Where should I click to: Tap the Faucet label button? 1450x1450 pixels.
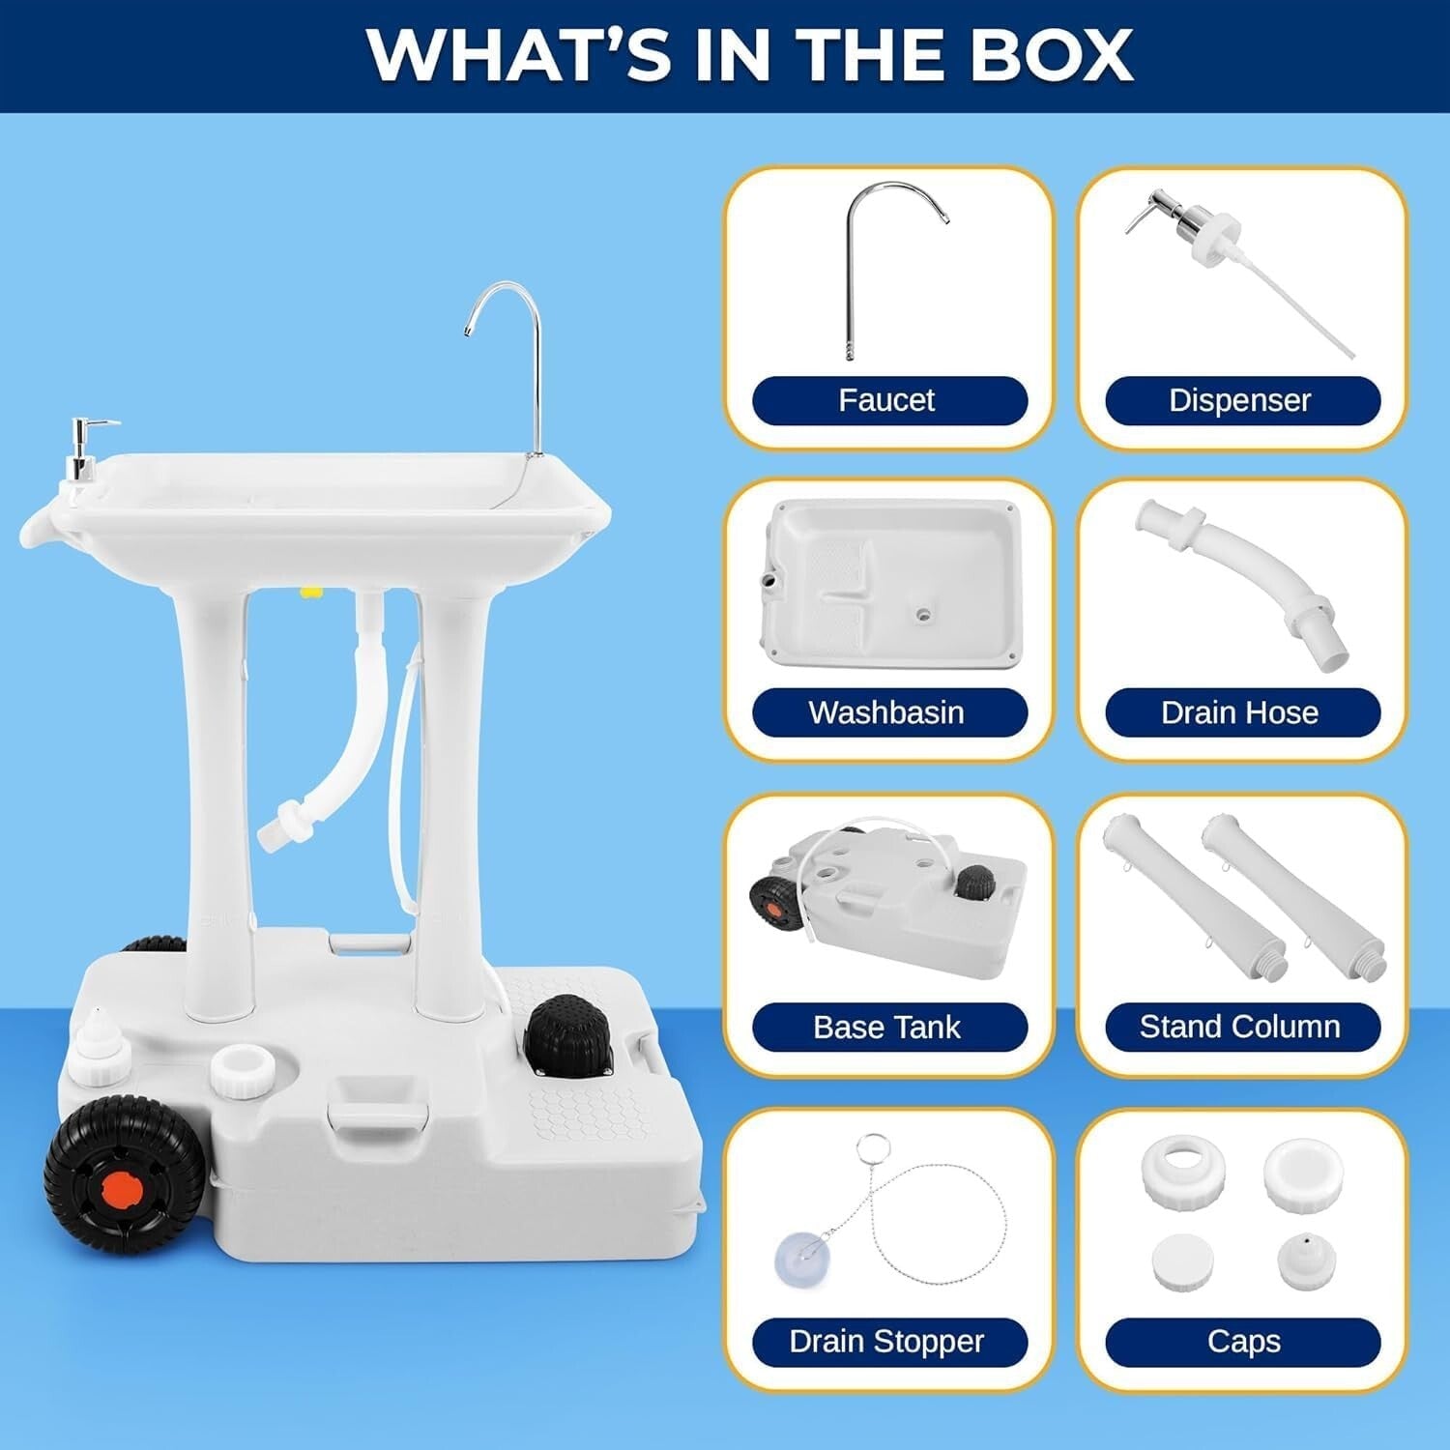(x=888, y=401)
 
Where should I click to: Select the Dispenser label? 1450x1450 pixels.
(x=1241, y=401)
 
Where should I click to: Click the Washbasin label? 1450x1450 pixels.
(x=888, y=713)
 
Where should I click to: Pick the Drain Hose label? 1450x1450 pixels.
(x=1241, y=713)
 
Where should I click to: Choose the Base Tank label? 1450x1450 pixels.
(x=888, y=1028)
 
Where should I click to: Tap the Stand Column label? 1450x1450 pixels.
(x=1241, y=1028)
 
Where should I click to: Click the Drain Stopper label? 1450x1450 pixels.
(x=888, y=1342)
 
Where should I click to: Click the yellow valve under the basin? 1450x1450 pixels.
(x=311, y=591)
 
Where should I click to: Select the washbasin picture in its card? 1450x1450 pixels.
(x=891, y=585)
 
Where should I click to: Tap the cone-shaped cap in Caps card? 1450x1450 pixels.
(x=1306, y=1261)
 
